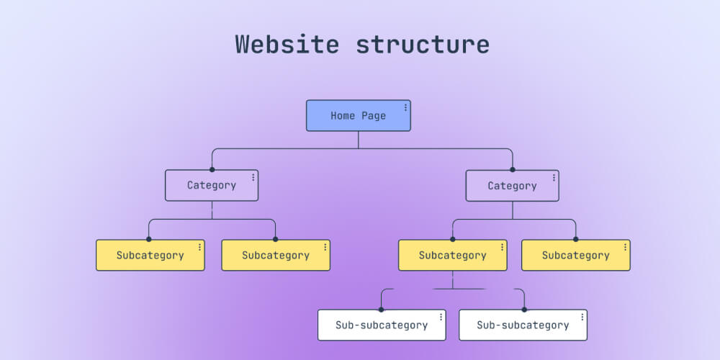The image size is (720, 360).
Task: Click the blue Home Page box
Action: [358, 116]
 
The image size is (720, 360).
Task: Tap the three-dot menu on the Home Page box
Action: [405, 107]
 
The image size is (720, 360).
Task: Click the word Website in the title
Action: [287, 44]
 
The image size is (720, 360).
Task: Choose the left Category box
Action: [211, 186]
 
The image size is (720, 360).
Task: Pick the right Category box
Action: [512, 186]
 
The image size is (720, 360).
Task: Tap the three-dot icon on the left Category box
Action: [253, 177]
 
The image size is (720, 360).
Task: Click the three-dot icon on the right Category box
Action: [554, 177]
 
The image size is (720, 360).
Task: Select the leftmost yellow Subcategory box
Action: [150, 256]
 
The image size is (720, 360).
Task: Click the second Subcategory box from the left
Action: [275, 256]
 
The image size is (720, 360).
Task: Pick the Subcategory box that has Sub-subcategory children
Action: [452, 256]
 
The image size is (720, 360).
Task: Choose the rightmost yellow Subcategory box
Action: [575, 256]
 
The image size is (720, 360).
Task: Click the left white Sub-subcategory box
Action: [382, 325]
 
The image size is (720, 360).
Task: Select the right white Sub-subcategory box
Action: [523, 325]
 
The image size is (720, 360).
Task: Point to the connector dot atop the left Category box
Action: [212, 170]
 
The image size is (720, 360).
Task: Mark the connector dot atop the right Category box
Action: [513, 170]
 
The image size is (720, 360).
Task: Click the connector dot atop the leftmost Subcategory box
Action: [149, 239]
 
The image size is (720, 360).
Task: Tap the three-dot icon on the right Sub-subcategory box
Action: [582, 317]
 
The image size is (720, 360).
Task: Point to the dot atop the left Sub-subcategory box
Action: [382, 310]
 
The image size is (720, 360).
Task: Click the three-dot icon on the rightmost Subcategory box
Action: [624, 247]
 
